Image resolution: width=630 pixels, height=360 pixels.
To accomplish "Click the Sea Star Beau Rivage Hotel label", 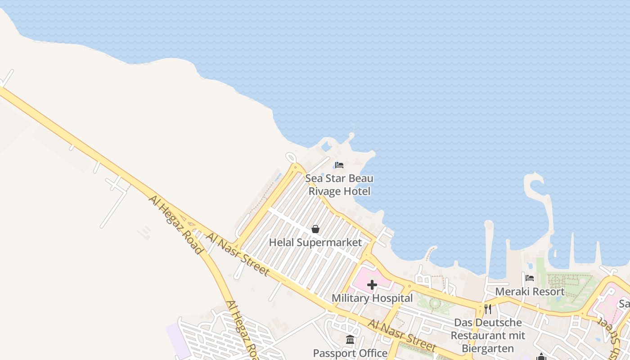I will point(339,185).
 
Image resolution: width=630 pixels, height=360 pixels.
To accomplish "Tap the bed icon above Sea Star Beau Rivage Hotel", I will point(339,165).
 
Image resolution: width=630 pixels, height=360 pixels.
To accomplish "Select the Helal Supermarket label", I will point(315,243).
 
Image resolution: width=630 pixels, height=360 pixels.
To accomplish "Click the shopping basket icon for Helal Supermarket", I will point(315,229).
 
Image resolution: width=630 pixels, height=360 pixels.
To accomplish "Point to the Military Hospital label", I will point(372,298).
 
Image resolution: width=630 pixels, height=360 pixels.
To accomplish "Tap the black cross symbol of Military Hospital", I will point(372,285).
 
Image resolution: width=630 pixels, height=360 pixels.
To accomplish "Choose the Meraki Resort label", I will point(530,291).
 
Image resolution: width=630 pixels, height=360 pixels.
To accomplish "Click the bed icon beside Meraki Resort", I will point(530,278).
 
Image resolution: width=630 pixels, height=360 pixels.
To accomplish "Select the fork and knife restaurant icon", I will point(488,309).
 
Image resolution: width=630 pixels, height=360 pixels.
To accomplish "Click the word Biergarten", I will point(488,349).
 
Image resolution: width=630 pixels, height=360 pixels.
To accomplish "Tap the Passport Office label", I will point(350,353).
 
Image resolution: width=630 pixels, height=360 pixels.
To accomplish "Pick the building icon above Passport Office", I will point(350,339).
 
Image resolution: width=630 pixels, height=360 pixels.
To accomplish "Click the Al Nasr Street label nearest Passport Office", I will point(401,336).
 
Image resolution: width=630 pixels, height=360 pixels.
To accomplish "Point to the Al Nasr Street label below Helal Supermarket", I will point(238,254).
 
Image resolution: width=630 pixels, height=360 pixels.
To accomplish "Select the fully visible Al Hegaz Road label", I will point(175,225).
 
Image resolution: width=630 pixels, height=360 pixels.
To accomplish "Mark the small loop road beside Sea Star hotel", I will point(291,158).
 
